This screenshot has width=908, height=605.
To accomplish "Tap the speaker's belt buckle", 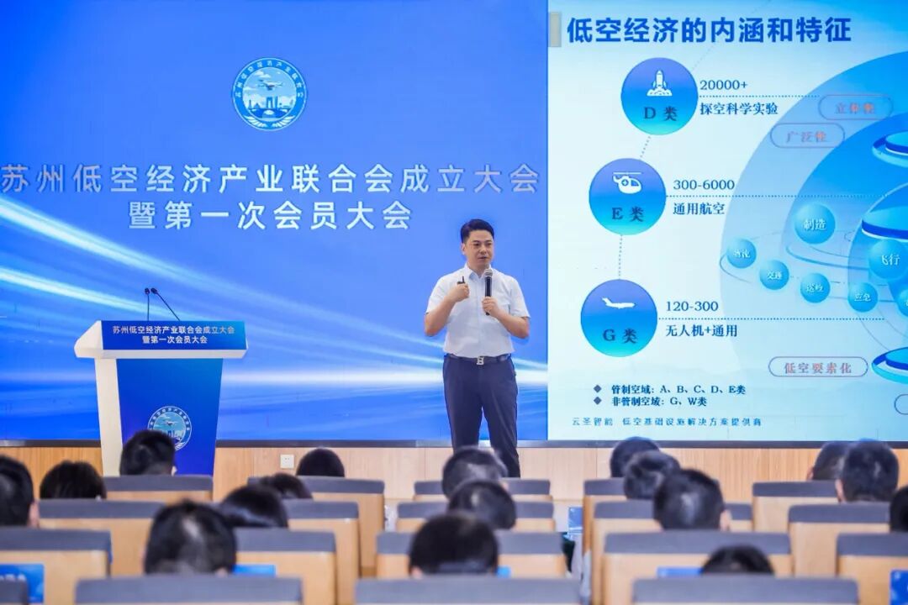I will [480, 360].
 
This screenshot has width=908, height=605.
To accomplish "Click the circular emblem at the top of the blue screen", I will [269, 93].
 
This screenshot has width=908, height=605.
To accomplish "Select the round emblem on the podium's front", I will [170, 426].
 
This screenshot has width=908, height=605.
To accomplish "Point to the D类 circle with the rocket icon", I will [659, 96].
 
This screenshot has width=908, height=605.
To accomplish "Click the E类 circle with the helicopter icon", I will [627, 197].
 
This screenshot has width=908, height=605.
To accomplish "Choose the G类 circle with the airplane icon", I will [619, 318].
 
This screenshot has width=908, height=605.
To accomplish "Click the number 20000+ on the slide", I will [723, 85].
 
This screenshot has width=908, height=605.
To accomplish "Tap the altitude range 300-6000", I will [704, 185].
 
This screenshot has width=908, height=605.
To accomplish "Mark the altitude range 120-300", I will [692, 306].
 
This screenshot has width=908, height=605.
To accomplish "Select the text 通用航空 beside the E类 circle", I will [699, 209].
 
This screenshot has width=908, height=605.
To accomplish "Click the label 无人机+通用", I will [701, 330].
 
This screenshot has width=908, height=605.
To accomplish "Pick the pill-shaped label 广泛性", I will [806, 135].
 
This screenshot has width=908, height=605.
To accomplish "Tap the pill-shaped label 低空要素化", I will [805, 367].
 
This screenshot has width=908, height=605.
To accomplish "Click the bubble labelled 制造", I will [815, 224].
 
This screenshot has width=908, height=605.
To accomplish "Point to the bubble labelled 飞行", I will [889, 259].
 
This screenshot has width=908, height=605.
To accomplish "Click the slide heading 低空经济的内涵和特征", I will [708, 30].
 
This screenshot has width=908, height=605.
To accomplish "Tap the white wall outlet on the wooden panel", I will [287, 460].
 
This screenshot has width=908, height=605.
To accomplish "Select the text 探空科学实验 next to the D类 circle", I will [739, 108].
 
